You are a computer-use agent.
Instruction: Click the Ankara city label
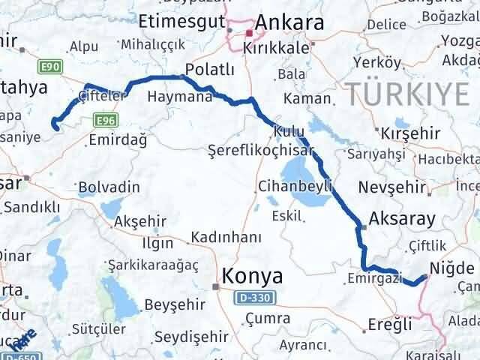point(289,23)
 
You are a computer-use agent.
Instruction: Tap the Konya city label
point(252,277)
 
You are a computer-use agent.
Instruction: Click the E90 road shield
point(51,67)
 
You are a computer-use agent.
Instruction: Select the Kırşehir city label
point(409,133)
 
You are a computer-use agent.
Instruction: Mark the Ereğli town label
point(390,325)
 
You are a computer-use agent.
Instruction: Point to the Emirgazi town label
point(372,277)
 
